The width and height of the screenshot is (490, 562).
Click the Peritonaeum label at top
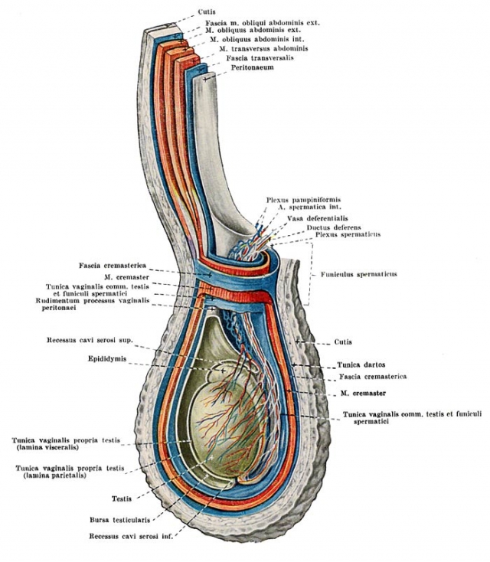[x=252, y=67]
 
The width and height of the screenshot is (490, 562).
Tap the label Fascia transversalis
[x=260, y=57]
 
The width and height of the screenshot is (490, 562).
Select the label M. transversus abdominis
[x=264, y=48]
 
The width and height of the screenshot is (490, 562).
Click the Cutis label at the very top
[x=207, y=11]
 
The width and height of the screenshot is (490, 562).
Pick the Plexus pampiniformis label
[x=304, y=200]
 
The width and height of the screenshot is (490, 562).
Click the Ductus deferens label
[x=334, y=227]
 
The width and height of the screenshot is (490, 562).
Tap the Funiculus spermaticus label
[x=359, y=275]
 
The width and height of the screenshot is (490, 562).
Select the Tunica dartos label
[x=361, y=365]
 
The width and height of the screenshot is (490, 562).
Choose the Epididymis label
[x=107, y=359]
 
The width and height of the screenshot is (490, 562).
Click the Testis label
[x=122, y=498]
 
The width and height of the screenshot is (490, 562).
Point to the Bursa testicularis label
[x=119, y=520]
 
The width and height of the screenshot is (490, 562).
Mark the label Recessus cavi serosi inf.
[x=131, y=537]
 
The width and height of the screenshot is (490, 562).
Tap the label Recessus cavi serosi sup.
[x=90, y=340]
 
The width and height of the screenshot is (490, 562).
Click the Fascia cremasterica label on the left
[x=113, y=266]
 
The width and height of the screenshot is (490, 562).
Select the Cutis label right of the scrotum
[x=343, y=342]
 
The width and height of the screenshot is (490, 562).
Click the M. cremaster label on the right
[x=363, y=394]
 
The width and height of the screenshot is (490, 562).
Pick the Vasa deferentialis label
[x=318, y=218]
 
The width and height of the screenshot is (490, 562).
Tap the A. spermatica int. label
[x=310, y=207]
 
